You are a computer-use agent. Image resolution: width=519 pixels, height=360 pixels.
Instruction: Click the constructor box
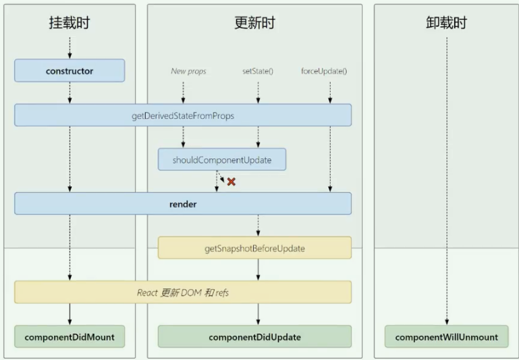click(70, 70)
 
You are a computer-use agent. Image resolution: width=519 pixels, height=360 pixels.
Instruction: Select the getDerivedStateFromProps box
click(183, 115)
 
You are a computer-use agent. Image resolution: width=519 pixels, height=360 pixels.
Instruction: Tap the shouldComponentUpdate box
click(222, 159)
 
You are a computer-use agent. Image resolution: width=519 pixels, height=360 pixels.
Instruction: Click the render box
click(183, 203)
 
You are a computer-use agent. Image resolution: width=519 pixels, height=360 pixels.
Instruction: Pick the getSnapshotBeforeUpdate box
click(254, 248)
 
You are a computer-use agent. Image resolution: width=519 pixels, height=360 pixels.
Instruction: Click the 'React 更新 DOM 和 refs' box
click(183, 292)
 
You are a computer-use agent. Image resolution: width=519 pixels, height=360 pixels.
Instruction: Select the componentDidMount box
click(70, 336)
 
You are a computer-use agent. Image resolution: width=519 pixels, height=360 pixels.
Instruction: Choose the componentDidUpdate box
click(254, 336)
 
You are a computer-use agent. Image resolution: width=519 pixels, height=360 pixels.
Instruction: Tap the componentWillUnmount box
click(447, 336)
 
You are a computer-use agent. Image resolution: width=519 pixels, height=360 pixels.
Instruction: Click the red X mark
click(231, 182)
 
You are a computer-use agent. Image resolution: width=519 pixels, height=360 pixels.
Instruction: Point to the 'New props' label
click(188, 71)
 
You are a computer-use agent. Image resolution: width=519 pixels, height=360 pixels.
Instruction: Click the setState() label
click(257, 71)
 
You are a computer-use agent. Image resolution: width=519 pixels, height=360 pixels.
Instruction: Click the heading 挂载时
click(70, 23)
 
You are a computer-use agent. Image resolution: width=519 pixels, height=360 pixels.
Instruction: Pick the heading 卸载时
click(447, 23)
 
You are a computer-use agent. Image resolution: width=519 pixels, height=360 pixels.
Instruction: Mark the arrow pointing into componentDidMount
click(70, 314)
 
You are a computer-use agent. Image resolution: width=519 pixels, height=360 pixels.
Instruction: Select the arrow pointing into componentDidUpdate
click(257, 314)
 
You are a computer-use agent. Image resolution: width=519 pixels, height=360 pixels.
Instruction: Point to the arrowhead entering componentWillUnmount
click(447, 322)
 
